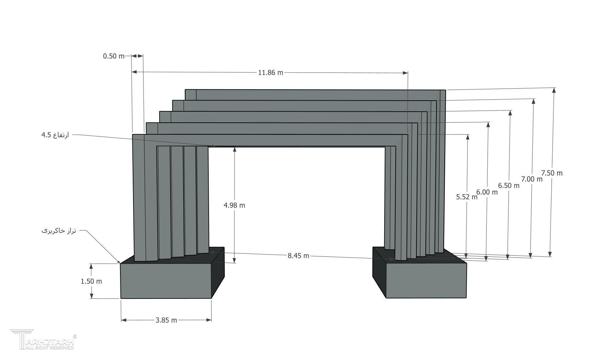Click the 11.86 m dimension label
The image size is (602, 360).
[x=270, y=72]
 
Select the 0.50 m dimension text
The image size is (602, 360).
[x=114, y=56]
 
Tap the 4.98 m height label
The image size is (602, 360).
[x=234, y=205]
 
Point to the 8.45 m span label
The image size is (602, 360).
[x=298, y=256]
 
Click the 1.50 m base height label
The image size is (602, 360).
[x=91, y=281]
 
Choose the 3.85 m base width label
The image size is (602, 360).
[x=166, y=320]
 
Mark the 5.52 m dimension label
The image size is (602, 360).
[x=467, y=197]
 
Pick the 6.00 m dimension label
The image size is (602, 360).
[x=487, y=192]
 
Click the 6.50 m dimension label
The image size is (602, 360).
[x=509, y=186]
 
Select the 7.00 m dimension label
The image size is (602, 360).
[x=532, y=179]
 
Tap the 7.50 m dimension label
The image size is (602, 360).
[x=552, y=173]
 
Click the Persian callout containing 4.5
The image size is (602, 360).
[x=55, y=135]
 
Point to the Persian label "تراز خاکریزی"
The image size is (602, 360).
[x=59, y=231]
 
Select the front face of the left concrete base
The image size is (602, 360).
[x=166, y=281]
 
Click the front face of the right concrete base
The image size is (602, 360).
[x=426, y=280]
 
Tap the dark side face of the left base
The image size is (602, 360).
[x=218, y=272]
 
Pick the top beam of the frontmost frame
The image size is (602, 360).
[x=270, y=140]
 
